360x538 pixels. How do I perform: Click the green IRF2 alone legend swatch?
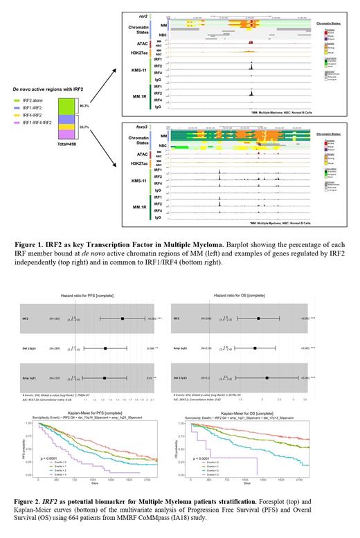tap(17, 100)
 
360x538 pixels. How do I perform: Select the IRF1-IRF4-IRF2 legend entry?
tap(35, 123)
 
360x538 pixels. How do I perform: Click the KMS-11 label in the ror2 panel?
tap(136, 69)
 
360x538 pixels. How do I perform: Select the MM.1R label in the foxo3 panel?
tap(136, 208)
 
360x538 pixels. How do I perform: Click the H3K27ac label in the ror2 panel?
tap(136, 53)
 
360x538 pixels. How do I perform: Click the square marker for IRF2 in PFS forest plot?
tap(123, 319)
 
